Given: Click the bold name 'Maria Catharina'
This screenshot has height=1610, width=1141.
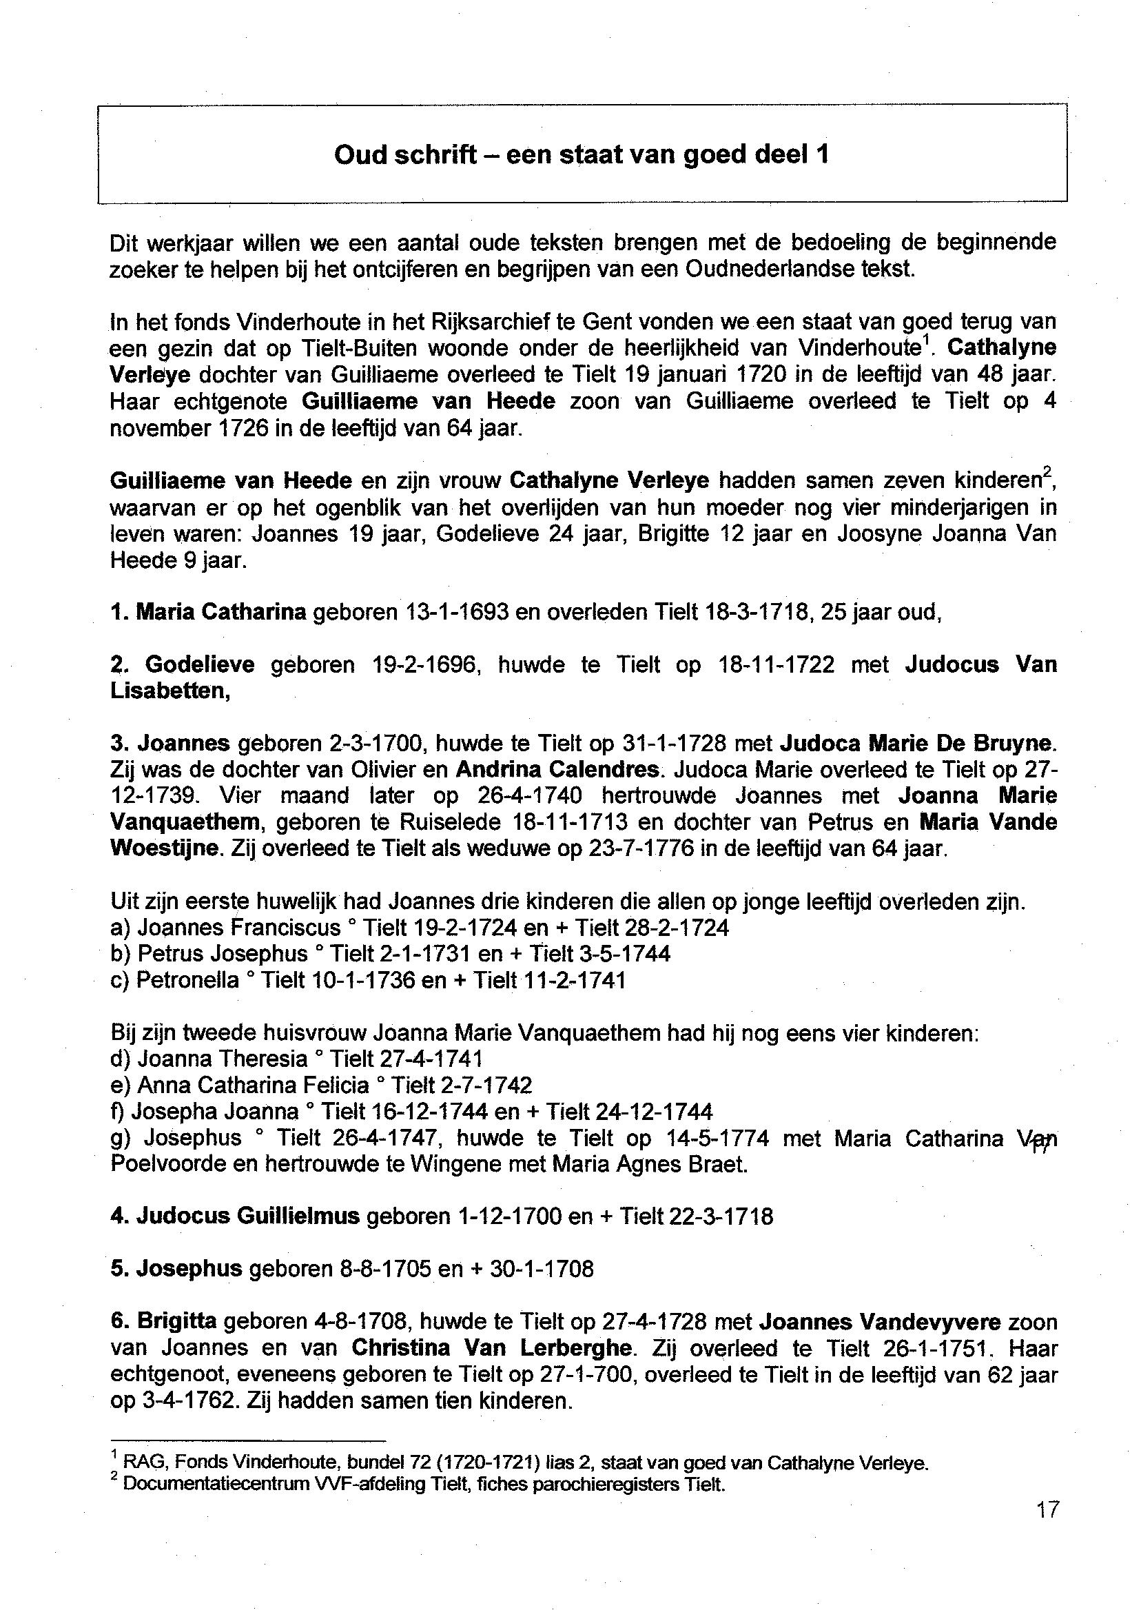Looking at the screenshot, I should tap(220, 613).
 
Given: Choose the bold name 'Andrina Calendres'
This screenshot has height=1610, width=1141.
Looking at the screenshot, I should tap(558, 770).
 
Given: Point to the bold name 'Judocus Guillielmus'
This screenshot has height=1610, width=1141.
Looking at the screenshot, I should tap(247, 1216).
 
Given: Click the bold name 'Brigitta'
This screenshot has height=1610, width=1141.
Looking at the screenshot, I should tap(177, 1322).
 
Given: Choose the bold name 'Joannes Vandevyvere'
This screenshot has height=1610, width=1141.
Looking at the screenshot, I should tap(880, 1322).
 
